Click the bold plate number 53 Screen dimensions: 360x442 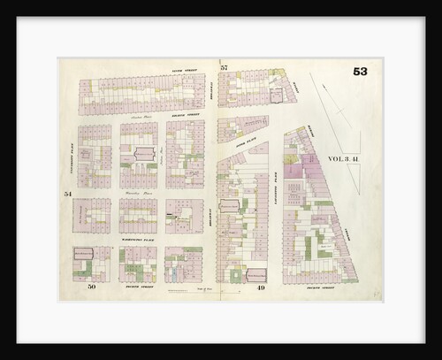(361, 73)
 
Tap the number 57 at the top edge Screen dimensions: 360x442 (225, 68)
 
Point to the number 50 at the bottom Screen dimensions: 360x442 (91, 287)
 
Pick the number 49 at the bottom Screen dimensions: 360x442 (263, 287)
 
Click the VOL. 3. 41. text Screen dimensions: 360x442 (344, 159)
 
